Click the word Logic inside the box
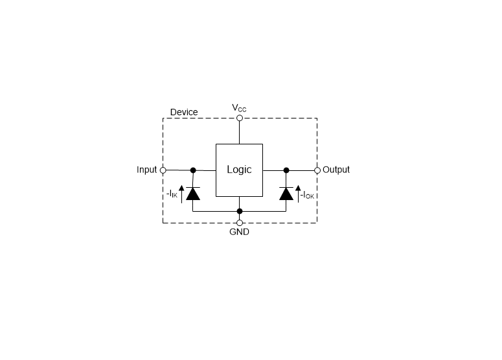(239, 170)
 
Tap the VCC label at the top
(239, 108)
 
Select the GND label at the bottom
(239, 232)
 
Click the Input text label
(146, 170)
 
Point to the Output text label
(336, 170)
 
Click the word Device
(184, 112)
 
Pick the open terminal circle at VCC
(240, 118)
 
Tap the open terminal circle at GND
(240, 223)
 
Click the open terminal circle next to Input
(163, 170)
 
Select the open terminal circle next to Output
(317, 170)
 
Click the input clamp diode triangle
(193, 194)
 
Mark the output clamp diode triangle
(286, 194)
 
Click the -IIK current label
(172, 194)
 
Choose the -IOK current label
(307, 195)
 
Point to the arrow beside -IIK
(181, 194)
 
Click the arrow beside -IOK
(298, 194)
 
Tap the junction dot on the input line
(193, 170)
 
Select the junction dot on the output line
(286, 170)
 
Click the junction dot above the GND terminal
(240, 211)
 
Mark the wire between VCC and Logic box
(240, 133)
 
